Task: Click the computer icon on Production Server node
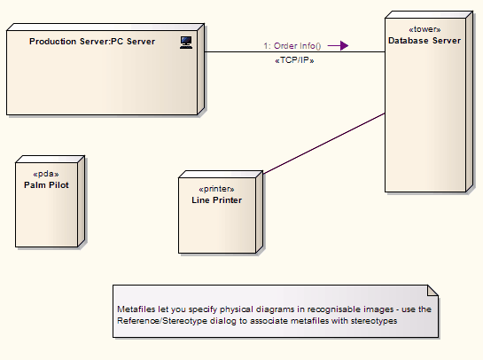click(186, 43)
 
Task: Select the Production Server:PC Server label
click(92, 42)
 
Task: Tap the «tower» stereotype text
click(425, 29)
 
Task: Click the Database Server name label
click(425, 41)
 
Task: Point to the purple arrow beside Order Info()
click(338, 45)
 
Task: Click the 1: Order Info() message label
click(292, 46)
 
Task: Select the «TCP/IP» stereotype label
click(294, 60)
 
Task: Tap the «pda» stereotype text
click(46, 174)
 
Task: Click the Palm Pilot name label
click(46, 185)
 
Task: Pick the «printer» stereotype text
click(216, 189)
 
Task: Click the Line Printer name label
click(216, 200)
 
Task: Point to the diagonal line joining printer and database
click(324, 144)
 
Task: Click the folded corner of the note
click(432, 291)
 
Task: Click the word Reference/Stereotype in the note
click(162, 321)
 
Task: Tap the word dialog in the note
click(223, 321)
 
